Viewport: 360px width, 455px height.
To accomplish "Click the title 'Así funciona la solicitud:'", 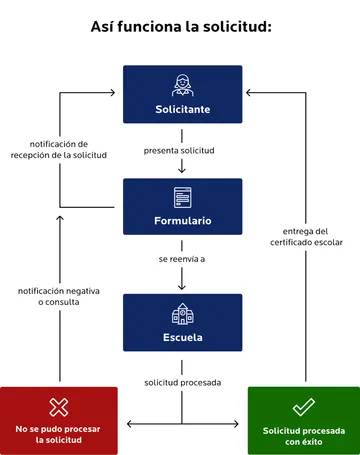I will point(181,26).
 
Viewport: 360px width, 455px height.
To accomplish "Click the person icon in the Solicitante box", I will point(182,85).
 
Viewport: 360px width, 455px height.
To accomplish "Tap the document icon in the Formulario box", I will point(182,198).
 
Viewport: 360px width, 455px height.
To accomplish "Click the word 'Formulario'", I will point(182,220).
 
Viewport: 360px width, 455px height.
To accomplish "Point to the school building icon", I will point(182,314).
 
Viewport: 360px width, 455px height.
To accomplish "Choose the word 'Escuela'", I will point(182,337).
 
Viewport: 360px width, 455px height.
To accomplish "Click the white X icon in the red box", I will point(59,408).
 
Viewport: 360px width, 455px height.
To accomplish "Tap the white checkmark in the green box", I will point(303,408).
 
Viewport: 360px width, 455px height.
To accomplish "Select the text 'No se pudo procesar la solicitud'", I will point(59,434).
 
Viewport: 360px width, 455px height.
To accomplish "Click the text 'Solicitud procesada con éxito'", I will point(303,435).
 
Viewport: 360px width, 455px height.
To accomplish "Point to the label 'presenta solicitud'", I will point(179,151).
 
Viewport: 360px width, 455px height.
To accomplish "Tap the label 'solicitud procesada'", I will point(181,382).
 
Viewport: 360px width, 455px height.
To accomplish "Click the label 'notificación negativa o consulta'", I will point(59,295).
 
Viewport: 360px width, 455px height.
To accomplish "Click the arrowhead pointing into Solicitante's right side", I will point(248,93).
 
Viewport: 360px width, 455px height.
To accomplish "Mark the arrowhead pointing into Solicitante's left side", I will point(117,93).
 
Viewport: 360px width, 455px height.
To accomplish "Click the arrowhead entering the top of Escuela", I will point(182,288).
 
